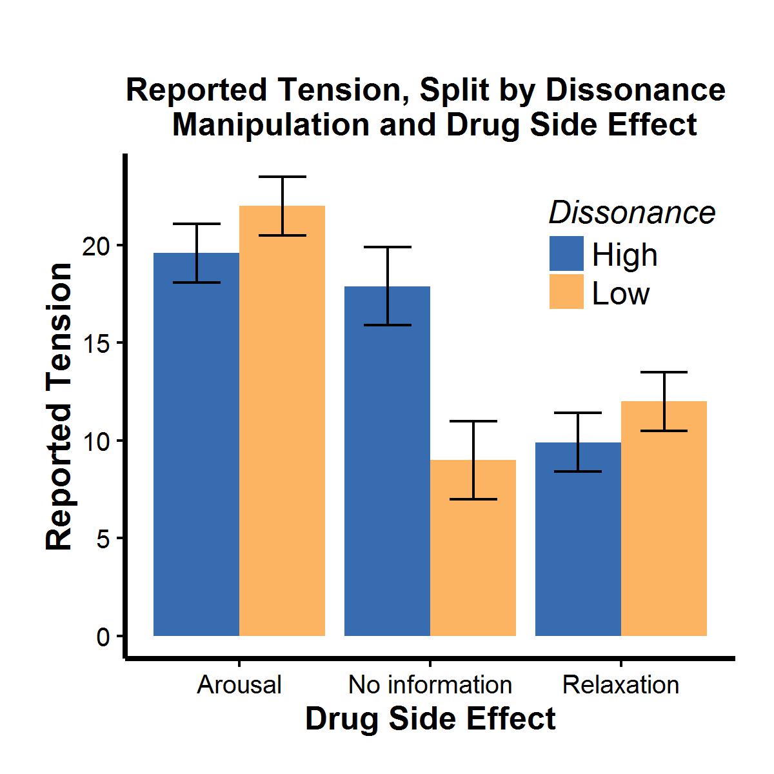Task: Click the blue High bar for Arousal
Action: click(196, 451)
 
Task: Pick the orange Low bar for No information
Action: click(473, 548)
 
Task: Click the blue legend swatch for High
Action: click(566, 253)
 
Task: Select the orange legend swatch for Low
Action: click(566, 292)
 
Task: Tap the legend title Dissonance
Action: click(631, 212)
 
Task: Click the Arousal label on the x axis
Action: click(239, 684)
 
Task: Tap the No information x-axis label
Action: click(430, 684)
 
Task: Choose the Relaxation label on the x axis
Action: click(620, 684)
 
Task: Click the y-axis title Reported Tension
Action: click(60, 406)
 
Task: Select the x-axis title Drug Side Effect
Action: click(430, 719)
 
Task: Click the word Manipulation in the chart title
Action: click(272, 125)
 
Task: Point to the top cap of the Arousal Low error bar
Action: click(282, 177)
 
